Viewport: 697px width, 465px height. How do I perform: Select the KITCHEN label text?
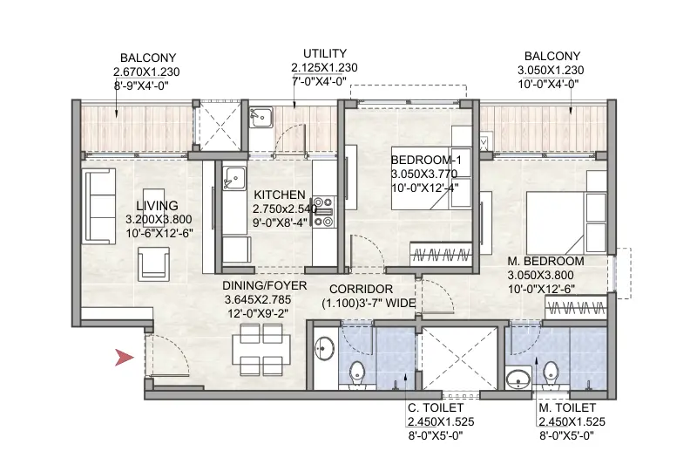pos(279,195)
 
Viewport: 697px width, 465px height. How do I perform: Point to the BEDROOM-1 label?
pos(425,161)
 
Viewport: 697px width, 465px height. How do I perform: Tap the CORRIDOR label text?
pos(361,289)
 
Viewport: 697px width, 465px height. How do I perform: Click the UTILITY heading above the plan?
pos(325,53)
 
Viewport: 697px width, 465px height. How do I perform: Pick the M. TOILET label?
pos(567,408)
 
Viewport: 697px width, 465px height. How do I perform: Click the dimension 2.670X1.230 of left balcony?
pos(147,72)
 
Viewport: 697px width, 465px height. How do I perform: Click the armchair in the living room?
pos(154,261)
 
